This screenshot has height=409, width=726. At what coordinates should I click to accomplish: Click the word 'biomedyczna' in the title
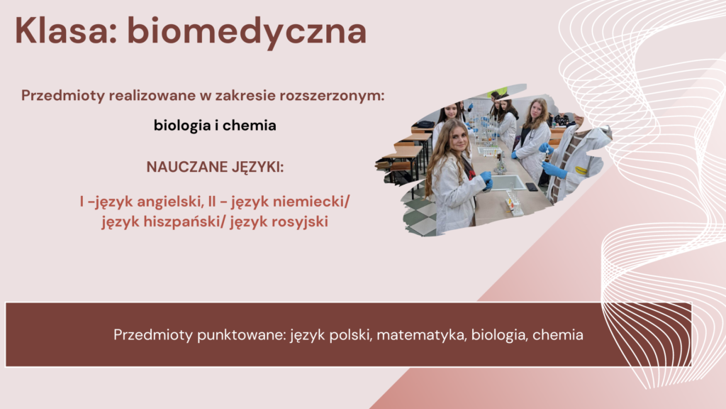pyautogui.click(x=247, y=31)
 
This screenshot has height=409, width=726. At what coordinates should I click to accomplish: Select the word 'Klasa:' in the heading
pyautogui.click(x=66, y=30)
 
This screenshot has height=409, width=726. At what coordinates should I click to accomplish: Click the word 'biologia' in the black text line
pyautogui.click(x=182, y=125)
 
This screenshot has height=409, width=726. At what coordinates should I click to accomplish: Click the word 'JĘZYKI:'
pyautogui.click(x=257, y=167)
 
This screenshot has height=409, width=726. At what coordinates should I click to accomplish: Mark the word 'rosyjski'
pyautogui.click(x=300, y=222)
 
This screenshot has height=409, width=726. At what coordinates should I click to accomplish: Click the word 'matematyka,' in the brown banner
pyautogui.click(x=421, y=335)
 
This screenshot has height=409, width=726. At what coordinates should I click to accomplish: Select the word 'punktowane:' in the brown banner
pyautogui.click(x=241, y=335)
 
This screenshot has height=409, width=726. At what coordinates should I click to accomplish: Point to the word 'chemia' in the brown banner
pyautogui.click(x=557, y=335)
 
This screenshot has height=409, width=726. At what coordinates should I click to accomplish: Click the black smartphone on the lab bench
pyautogui.click(x=532, y=187)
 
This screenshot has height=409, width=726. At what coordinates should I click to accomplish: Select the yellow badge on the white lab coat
pyautogui.click(x=580, y=170)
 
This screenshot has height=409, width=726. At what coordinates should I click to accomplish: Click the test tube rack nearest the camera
pyautogui.click(x=515, y=202)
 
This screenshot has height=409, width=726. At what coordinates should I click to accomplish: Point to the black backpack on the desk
pyautogui.click(x=425, y=124)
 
